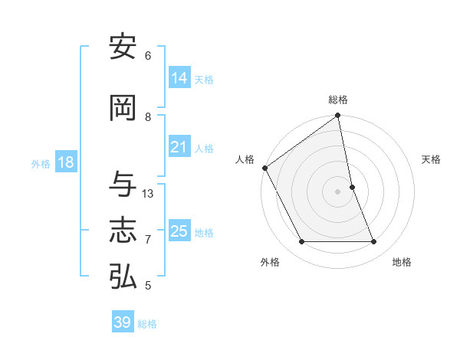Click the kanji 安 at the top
coord(123,47)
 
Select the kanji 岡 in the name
coord(123,108)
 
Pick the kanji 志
coord(123,231)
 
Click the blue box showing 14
coord(179,78)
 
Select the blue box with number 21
coord(179,147)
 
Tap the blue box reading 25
coord(179,231)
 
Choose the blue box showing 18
coord(65,162)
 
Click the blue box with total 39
coord(122,322)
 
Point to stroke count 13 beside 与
coord(148,194)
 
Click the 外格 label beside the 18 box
coord(41,164)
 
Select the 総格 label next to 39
coord(147,324)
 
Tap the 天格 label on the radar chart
coord(431,159)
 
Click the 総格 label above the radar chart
coord(338,100)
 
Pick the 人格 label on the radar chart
coord(245,159)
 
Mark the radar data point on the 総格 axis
coord(338,116)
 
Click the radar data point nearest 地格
coord(374,242)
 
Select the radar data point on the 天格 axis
coord(352,187)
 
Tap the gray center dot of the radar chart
coord(338,191)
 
